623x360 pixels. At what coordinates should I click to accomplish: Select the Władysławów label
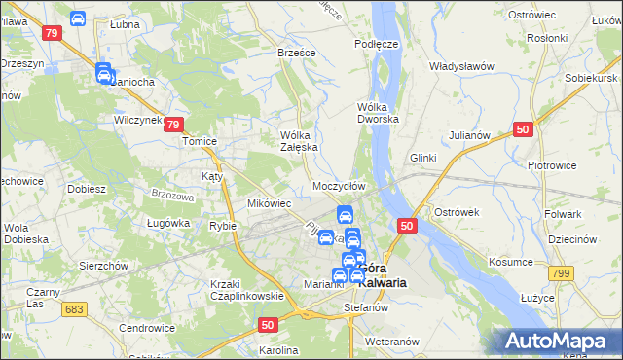click(x=462, y=66)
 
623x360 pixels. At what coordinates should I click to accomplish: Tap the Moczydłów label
click(x=339, y=186)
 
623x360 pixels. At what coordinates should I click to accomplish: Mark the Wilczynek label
click(x=136, y=120)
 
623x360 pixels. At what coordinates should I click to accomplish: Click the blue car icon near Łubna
click(x=78, y=18)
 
